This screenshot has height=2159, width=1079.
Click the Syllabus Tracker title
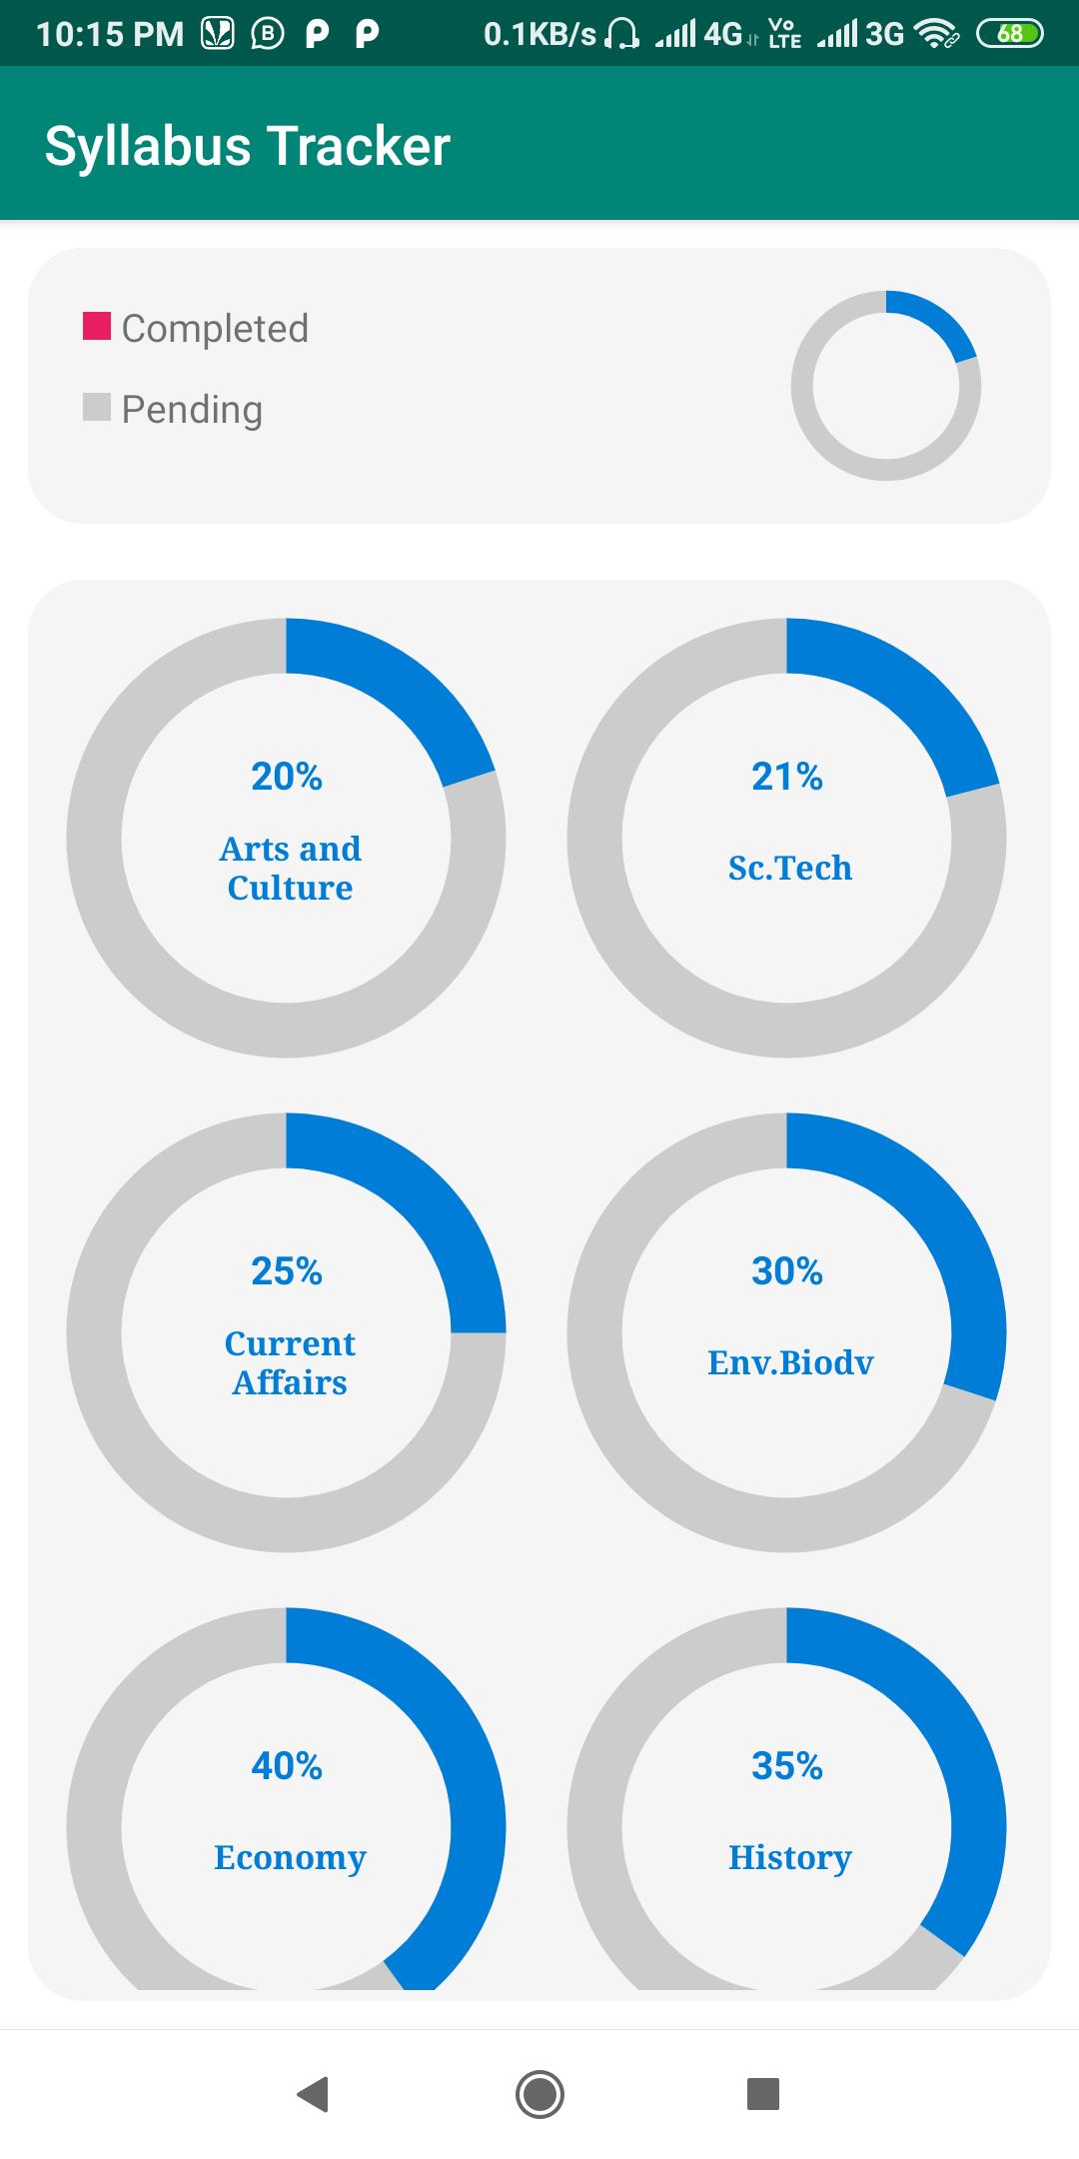coord(247,146)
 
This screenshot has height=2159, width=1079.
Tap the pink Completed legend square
coord(96,326)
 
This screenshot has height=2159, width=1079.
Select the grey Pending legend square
coord(96,407)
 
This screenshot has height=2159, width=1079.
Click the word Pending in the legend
coord(192,410)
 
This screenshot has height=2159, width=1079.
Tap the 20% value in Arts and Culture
coord(287,777)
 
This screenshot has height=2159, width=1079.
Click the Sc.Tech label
coord(789,868)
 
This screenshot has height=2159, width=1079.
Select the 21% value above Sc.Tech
coord(787,777)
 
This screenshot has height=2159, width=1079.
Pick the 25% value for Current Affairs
coord(287,1271)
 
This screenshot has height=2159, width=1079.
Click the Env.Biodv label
coord(789,1362)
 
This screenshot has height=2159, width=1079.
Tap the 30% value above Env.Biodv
coord(787,1271)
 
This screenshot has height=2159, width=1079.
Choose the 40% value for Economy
coord(287,1766)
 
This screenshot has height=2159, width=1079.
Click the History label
coord(789,1857)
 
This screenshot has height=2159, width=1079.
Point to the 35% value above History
coord(787,1766)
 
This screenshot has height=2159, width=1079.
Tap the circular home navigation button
coord(539,2094)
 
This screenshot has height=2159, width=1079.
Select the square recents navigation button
coord(763,2094)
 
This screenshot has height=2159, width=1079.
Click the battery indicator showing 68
coord(1010,34)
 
